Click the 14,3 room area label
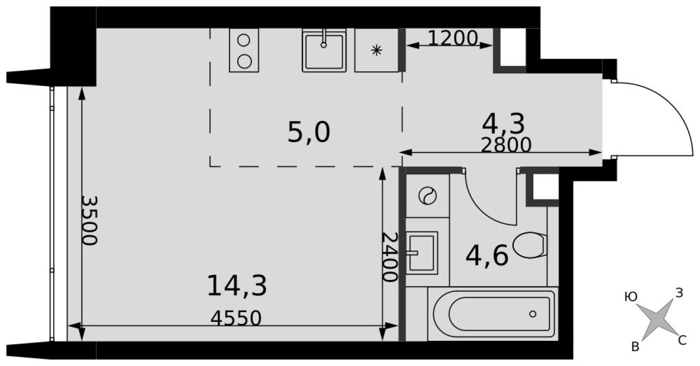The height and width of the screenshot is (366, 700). tap(237, 286)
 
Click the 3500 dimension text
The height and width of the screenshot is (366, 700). tap(90, 221)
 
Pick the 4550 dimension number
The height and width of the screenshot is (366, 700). tap(235, 319)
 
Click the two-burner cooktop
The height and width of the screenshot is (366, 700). tap(244, 50)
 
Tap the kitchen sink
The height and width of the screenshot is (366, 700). tap(324, 50)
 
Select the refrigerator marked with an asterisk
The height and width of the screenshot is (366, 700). tap(377, 50)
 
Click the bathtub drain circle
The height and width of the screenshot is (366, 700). tap(533, 314)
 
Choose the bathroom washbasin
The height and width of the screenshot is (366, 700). tap(421, 253)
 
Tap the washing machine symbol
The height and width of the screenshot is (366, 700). tap(428, 196)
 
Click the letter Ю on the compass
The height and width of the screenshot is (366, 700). tap(630, 297)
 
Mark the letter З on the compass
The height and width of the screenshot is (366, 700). tap(679, 293)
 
